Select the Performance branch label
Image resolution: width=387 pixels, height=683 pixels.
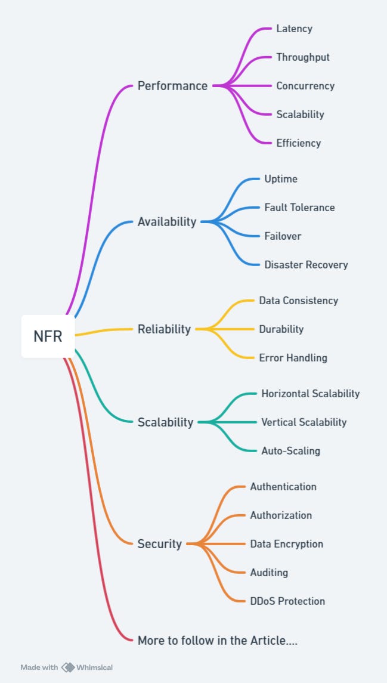tap(172, 86)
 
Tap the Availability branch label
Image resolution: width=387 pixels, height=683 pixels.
tap(166, 222)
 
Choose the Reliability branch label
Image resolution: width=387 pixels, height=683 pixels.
tap(164, 329)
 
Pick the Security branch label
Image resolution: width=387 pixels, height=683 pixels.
tap(159, 544)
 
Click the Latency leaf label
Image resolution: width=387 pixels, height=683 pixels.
tap(294, 29)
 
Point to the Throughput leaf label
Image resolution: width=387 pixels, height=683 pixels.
tap(302, 57)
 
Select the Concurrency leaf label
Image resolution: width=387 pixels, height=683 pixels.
tap(305, 86)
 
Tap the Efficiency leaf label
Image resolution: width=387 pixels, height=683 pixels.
tap(298, 143)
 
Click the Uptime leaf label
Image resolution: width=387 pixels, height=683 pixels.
tap(280, 179)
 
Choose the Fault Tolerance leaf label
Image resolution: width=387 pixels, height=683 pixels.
tap(299, 208)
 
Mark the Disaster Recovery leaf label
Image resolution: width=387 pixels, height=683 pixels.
tap(306, 265)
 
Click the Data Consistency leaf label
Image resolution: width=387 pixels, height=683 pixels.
tap(298, 301)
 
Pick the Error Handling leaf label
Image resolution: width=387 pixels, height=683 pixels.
tap(293, 358)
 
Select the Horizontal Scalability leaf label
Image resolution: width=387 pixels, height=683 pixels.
tap(310, 394)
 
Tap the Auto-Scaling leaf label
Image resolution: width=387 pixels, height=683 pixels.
tap(290, 451)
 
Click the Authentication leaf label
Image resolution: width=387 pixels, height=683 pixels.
tap(283, 487)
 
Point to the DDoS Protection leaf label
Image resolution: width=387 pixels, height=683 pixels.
tap(287, 601)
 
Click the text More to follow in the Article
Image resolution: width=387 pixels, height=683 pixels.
tap(217, 641)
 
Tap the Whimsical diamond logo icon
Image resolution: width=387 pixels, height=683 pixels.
tap(68, 667)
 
